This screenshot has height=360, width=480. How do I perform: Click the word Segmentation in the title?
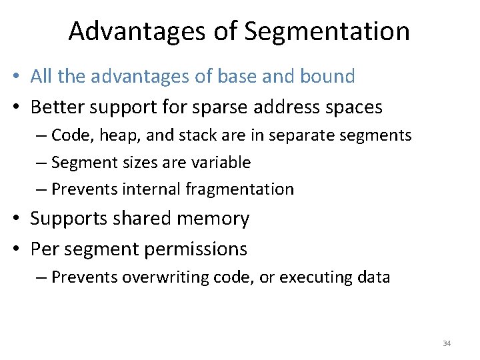coord(327,31)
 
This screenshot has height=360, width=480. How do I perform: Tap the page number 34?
coord(447,343)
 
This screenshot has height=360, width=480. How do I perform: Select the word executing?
coord(315,277)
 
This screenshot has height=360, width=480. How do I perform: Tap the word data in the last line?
coord(373,277)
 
